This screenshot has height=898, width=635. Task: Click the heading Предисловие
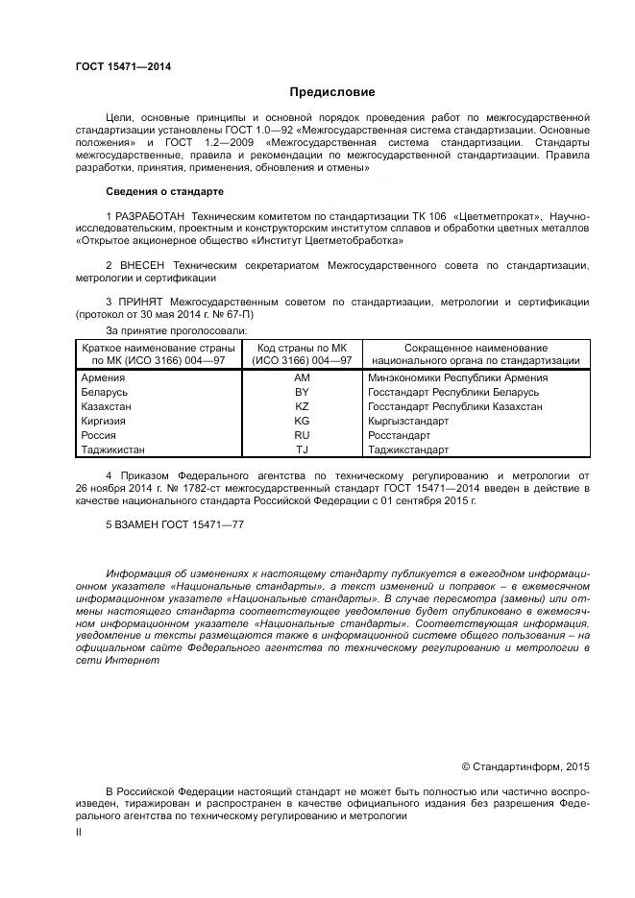point(332,92)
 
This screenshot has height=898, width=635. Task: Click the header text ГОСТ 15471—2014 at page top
point(116,66)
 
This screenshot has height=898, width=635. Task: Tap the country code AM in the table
point(302,378)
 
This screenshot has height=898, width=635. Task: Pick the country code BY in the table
point(302,393)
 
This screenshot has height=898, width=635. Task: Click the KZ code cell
point(302,407)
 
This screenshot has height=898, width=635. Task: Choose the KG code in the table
point(302,421)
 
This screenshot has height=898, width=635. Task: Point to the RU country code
point(302,435)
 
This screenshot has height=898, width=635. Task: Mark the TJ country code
point(302,449)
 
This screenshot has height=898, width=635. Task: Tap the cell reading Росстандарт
point(402,435)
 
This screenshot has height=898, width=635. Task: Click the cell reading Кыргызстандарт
point(408,421)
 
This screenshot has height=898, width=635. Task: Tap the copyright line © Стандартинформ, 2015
point(525,766)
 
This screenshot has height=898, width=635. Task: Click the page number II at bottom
point(79,832)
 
